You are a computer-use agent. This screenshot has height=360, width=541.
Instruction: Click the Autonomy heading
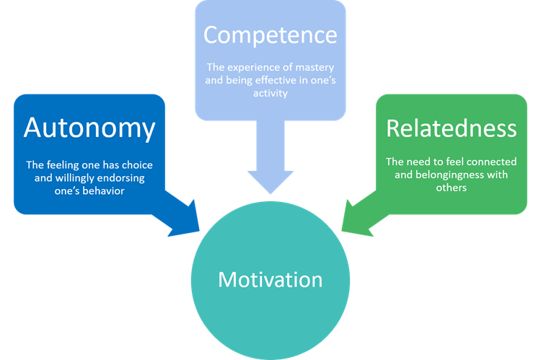point(89,128)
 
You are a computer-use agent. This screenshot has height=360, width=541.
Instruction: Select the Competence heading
point(270,35)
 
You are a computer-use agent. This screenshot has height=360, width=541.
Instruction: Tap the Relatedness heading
point(452,128)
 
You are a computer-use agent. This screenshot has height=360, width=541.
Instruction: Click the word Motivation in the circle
point(270,278)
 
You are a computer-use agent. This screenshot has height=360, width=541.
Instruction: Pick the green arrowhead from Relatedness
point(358,216)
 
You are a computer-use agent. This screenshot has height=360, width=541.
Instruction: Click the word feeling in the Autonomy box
point(62,165)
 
